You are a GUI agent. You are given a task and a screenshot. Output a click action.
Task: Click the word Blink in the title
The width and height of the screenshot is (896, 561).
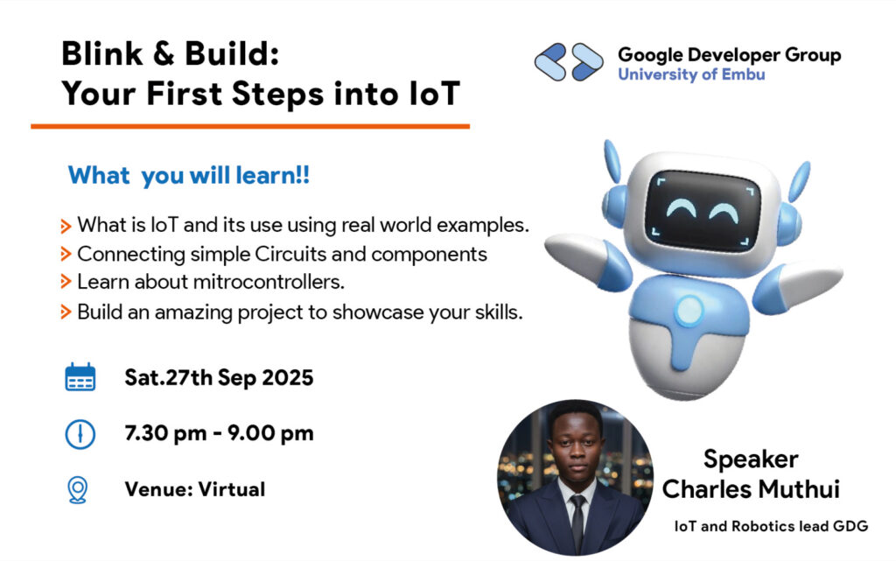click(x=101, y=54)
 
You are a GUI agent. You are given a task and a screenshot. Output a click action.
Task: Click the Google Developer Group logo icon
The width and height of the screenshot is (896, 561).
click(x=569, y=61)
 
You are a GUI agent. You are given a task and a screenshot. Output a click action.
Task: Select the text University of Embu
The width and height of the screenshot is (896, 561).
click(x=691, y=74)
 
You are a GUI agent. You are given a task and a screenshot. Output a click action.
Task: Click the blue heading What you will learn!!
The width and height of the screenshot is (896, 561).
click(x=189, y=175)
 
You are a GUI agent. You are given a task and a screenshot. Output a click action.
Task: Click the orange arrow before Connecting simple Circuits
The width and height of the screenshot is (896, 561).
click(x=66, y=254)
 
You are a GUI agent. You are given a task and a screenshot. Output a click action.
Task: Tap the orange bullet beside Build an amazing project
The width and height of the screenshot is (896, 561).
click(x=66, y=312)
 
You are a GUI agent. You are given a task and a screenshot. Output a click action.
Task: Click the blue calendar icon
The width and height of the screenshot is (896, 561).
click(x=80, y=377)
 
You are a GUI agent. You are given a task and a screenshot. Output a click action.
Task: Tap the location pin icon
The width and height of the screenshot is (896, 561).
click(x=78, y=489)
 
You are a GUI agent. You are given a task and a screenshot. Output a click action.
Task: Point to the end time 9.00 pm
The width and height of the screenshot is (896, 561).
click(x=270, y=433)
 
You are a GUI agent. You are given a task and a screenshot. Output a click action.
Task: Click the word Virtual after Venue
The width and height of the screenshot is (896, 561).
click(x=231, y=489)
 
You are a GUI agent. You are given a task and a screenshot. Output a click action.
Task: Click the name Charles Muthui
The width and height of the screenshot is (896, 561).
click(x=751, y=489)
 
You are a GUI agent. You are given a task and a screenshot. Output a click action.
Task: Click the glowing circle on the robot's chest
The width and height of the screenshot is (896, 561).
click(x=689, y=310)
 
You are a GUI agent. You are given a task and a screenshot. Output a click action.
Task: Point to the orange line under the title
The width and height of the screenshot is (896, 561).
click(x=250, y=126)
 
